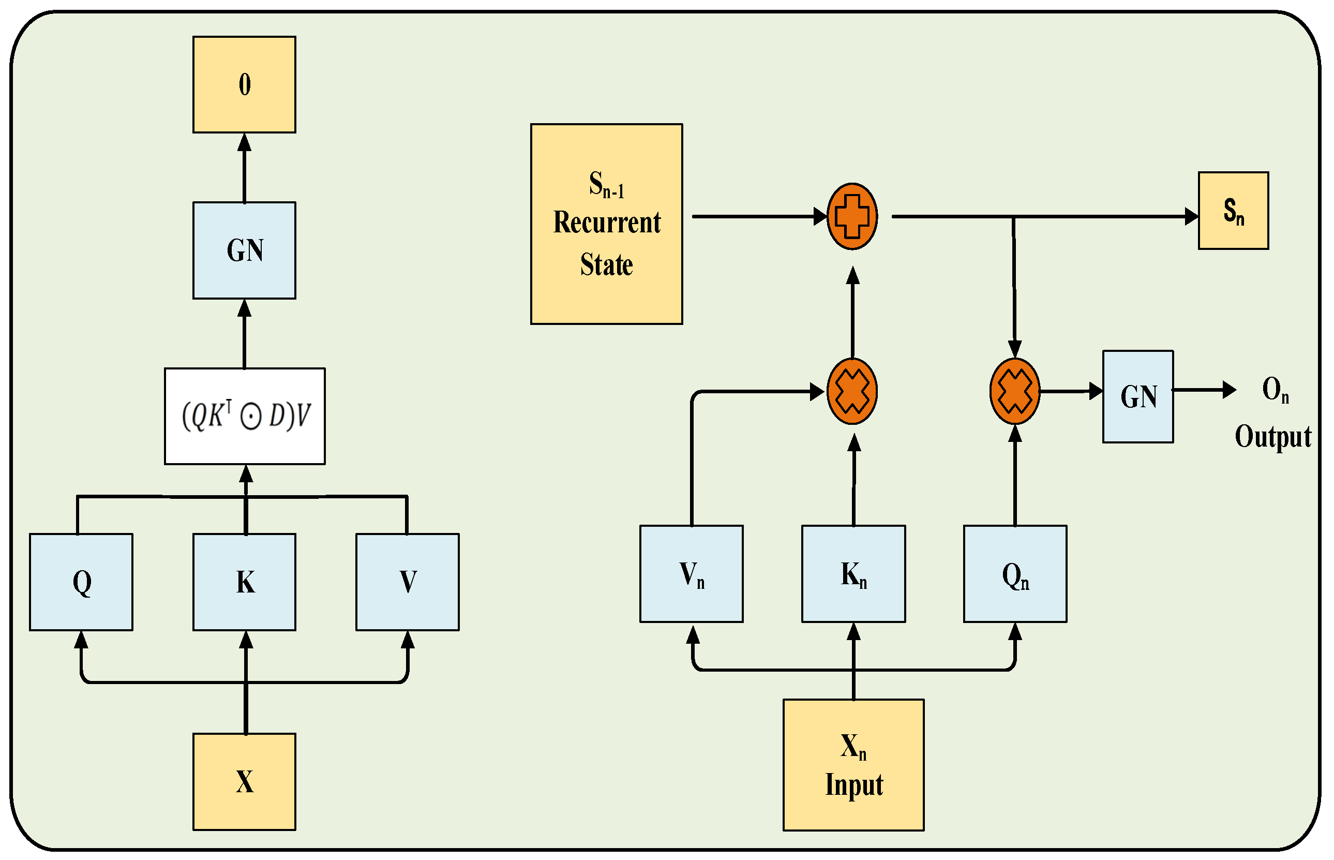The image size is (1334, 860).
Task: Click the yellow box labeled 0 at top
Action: [x=244, y=84]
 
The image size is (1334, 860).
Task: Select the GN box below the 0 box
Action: [x=244, y=249]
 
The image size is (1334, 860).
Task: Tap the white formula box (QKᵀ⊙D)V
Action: [x=245, y=416]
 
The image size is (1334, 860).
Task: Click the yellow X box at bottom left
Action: [x=244, y=781]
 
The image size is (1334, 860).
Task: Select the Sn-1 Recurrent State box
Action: [x=606, y=224]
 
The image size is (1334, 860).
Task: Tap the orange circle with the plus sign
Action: [x=851, y=216]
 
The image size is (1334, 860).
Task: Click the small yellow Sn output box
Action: [x=1233, y=210]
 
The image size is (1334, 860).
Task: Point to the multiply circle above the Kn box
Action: [x=851, y=391]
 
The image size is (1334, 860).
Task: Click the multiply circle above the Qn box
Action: [x=1014, y=391]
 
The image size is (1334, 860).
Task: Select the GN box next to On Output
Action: [x=1137, y=396]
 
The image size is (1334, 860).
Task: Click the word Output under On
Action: [x=1272, y=436]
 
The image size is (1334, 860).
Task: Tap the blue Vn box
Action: [x=691, y=573]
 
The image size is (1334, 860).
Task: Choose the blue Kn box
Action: [x=853, y=573]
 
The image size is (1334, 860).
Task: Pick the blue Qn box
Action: [x=1014, y=573]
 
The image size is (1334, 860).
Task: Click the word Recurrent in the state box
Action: [x=606, y=223]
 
